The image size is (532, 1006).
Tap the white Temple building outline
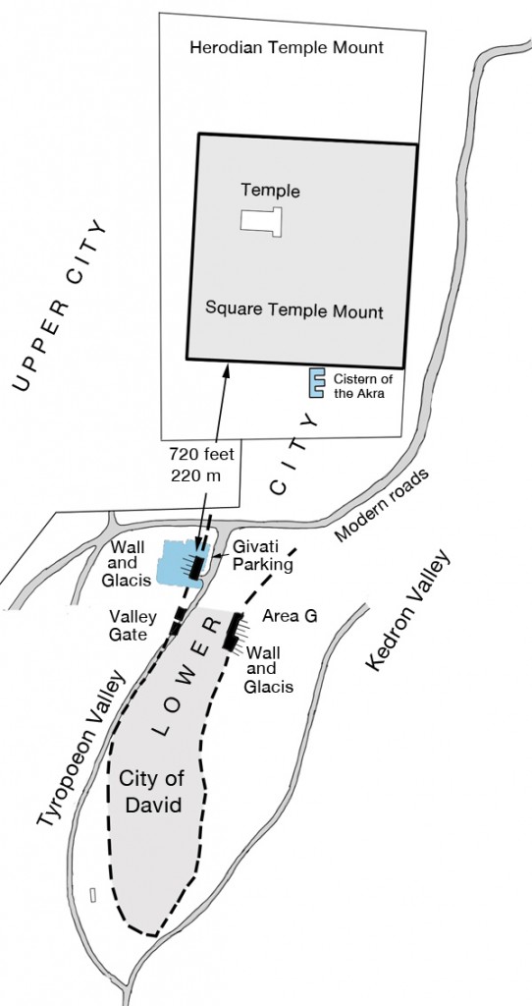pyautogui.click(x=261, y=219)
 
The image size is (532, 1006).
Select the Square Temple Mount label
pyautogui.click(x=294, y=310)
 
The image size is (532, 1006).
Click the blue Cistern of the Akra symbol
pyautogui.click(x=317, y=383)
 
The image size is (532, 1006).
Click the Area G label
pyautogui.click(x=290, y=616)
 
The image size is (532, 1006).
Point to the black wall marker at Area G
pyautogui.click(x=233, y=631)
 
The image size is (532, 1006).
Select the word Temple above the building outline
pyautogui.click(x=270, y=191)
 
